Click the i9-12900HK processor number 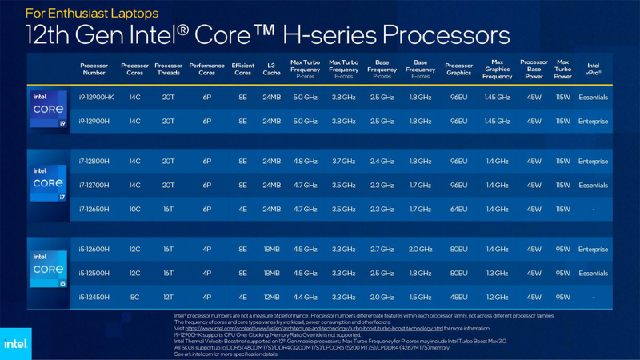94,98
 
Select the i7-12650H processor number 94,209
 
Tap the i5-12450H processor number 94,297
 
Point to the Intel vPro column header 593,69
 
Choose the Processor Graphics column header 458,69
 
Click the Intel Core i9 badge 48,109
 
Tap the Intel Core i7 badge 48,184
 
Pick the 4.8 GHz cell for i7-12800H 305,162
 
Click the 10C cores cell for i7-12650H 134,209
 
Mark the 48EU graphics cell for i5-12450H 458,297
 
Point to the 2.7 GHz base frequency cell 382,249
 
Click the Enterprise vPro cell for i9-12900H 593,122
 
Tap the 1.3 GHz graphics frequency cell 497,273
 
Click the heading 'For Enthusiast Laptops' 92,14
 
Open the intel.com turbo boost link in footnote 314,328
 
